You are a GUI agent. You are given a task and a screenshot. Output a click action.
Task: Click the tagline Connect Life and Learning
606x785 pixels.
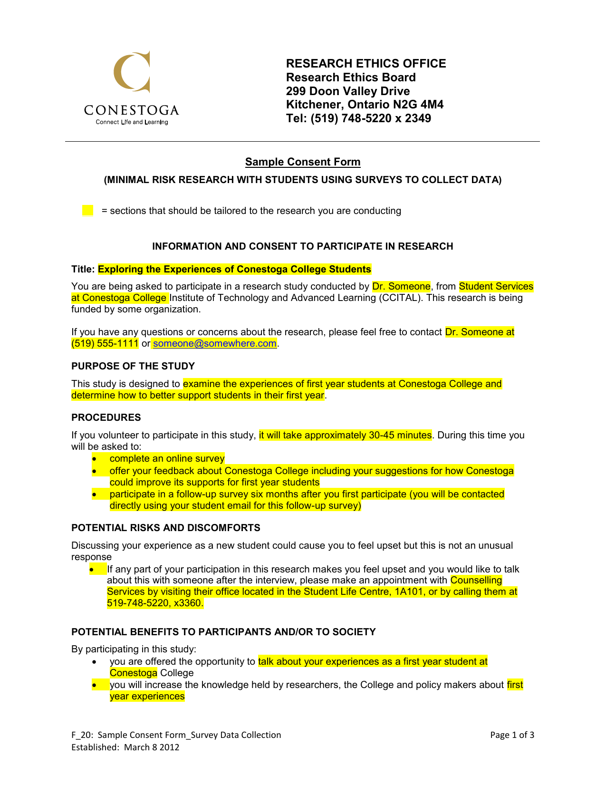(x=132, y=122)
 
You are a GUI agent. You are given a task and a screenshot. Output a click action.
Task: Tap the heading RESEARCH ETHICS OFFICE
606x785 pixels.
(x=366, y=64)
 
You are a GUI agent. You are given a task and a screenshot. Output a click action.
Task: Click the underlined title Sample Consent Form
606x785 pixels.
(x=303, y=162)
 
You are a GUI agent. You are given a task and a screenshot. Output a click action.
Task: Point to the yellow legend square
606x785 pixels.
(x=87, y=211)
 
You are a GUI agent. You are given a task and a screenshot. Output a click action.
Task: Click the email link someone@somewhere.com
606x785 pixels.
(x=215, y=344)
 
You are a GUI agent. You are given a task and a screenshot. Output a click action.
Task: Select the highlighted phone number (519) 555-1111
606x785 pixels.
(x=105, y=344)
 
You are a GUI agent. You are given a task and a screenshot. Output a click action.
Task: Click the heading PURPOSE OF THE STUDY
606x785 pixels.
(x=133, y=366)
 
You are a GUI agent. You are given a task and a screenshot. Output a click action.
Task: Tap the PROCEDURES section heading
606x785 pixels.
(x=106, y=417)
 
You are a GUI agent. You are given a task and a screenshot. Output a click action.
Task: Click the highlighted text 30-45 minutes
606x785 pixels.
(x=400, y=435)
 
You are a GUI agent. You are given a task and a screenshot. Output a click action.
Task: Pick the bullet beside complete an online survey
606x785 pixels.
(x=96, y=459)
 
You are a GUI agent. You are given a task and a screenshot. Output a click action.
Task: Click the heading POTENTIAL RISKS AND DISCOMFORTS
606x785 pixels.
(x=166, y=528)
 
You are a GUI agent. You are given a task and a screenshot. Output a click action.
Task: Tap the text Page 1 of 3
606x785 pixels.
(x=512, y=735)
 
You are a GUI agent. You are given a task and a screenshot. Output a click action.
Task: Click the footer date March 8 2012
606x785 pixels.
(x=152, y=747)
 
